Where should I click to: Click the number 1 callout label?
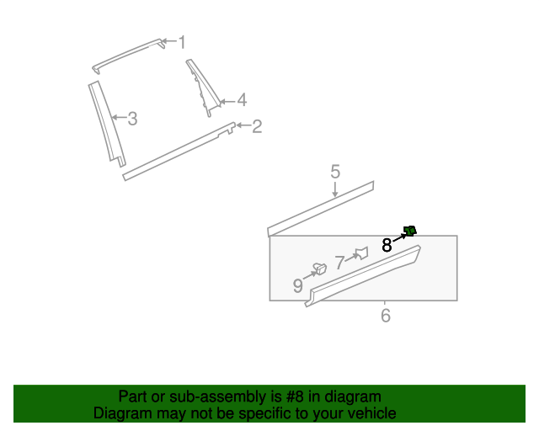(182, 42)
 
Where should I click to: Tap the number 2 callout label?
(257, 126)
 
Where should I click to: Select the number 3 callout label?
(133, 119)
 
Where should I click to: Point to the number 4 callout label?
(242, 99)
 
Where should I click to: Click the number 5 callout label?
(335, 172)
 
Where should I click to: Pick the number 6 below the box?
(386, 316)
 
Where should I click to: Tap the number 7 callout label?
(340, 263)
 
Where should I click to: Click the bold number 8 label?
(387, 246)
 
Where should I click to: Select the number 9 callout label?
(297, 285)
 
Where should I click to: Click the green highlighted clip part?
(410, 231)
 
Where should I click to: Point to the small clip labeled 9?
(320, 269)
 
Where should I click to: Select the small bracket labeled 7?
(362, 253)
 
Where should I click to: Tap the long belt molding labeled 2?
(179, 152)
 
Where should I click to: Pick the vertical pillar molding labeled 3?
(107, 124)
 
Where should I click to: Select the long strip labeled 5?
(320, 209)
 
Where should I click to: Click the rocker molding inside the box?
(363, 275)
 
